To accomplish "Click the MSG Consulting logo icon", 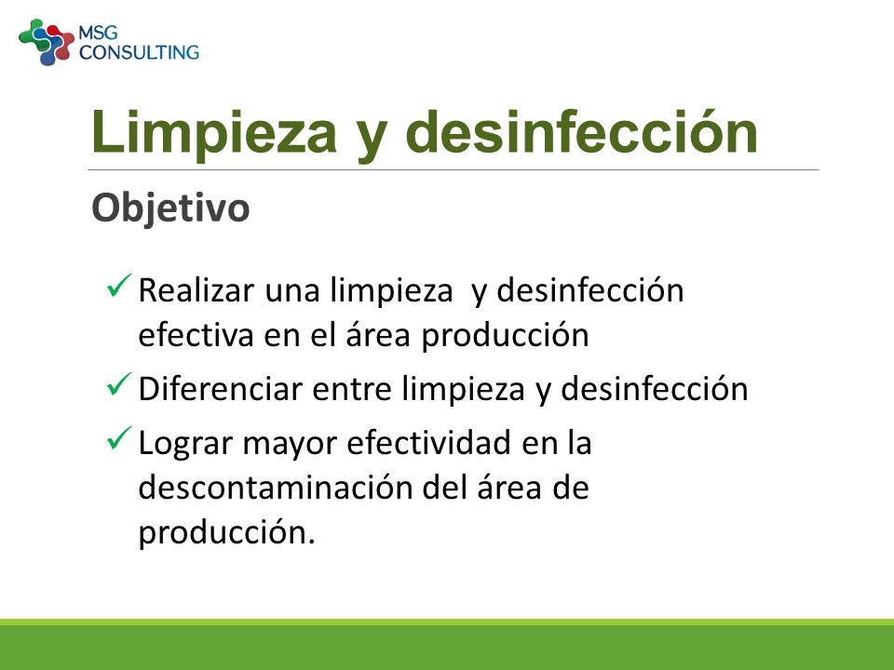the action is [x=47, y=42].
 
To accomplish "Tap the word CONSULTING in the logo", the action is [x=139, y=52].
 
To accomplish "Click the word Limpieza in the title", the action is [x=214, y=132].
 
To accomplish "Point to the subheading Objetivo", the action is [x=170, y=208].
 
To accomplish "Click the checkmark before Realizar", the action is [x=119, y=285].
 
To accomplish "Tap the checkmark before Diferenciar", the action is [x=119, y=384].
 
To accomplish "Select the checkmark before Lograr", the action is [x=119, y=438].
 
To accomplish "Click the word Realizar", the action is [x=196, y=290].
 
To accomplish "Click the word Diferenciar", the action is [x=220, y=389].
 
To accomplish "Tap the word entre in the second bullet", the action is [x=352, y=390].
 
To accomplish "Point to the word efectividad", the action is [x=428, y=443].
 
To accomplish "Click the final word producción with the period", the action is [x=226, y=533].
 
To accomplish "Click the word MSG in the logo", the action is [x=98, y=33].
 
